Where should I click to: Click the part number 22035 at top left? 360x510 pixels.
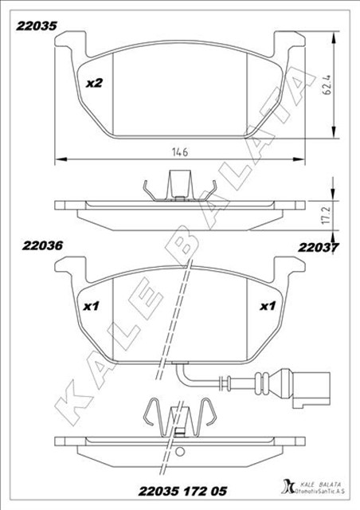coord(37,26)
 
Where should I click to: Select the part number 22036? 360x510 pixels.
coord(42,246)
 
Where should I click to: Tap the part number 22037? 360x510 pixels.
coord(319,248)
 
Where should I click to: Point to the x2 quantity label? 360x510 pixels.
coord(94,83)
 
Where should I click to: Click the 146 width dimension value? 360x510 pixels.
coord(180,152)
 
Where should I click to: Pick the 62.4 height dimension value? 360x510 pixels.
coord(327,85)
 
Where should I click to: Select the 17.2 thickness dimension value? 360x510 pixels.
coord(327,214)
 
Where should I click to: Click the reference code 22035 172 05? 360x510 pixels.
coord(182,491)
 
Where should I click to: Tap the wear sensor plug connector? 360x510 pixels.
coord(311,388)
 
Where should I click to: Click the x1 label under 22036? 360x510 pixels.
coord(91,306)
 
